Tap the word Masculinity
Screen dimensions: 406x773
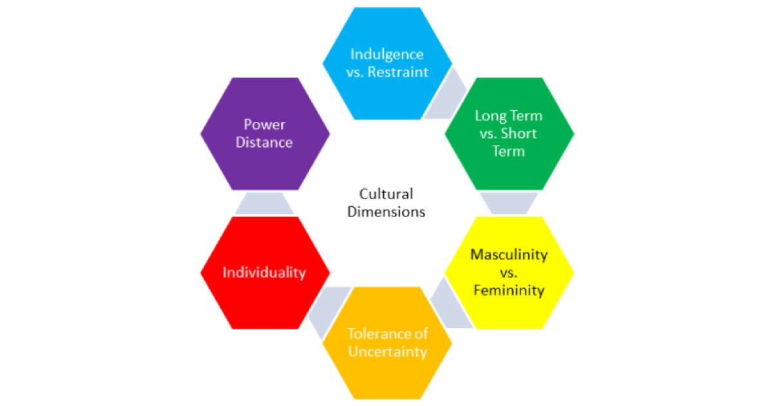pyautogui.click(x=509, y=254)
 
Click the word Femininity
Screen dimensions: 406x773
pyautogui.click(x=509, y=290)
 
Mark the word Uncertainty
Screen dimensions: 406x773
pyautogui.click(x=386, y=352)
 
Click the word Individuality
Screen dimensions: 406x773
pyautogui.click(x=264, y=273)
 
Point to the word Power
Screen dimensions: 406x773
pyautogui.click(x=264, y=124)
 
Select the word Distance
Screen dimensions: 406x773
pyautogui.click(x=264, y=142)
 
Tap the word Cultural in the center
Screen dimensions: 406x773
pyautogui.click(x=386, y=193)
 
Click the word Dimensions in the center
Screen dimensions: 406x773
pyautogui.click(x=386, y=211)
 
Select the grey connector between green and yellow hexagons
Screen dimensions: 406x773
pyautogui.click(x=509, y=203)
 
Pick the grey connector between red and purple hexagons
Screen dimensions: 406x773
pyautogui.click(x=264, y=203)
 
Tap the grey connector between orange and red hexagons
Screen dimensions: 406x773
pyautogui.click(x=326, y=313)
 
